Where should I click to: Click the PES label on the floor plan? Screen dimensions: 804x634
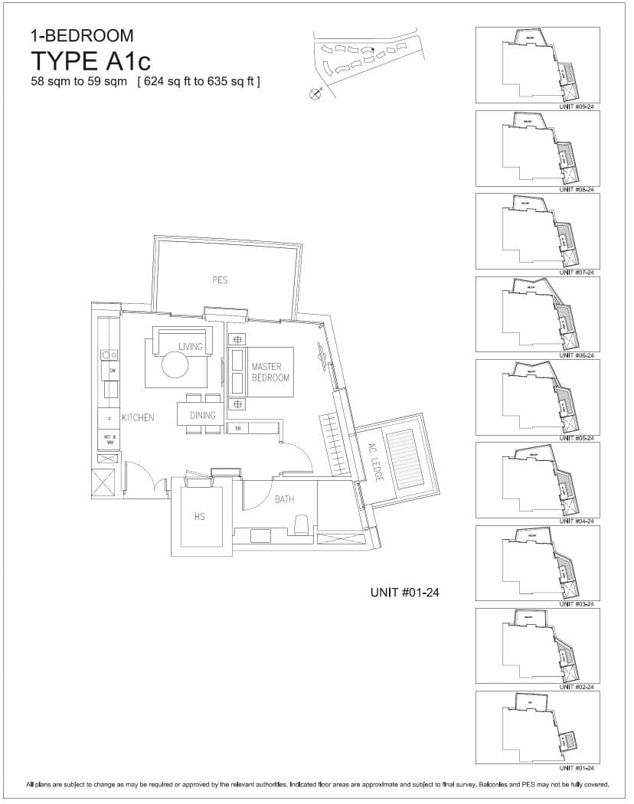tap(220, 280)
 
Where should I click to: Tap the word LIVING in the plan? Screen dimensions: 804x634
tap(191, 347)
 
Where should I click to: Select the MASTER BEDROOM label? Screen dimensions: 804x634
tap(270, 373)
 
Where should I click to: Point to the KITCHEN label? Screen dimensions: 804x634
tap(138, 418)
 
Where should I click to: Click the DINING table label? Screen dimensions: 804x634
tap(203, 416)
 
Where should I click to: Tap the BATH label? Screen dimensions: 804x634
tap(284, 500)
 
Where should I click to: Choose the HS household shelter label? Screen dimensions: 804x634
tap(200, 517)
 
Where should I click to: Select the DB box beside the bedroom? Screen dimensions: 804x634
tap(239, 428)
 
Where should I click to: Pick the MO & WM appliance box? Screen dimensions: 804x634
tap(109, 440)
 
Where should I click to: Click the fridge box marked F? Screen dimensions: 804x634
tap(109, 419)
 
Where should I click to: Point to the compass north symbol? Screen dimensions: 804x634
tap(315, 94)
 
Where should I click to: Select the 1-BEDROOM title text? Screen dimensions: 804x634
tap(82, 35)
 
